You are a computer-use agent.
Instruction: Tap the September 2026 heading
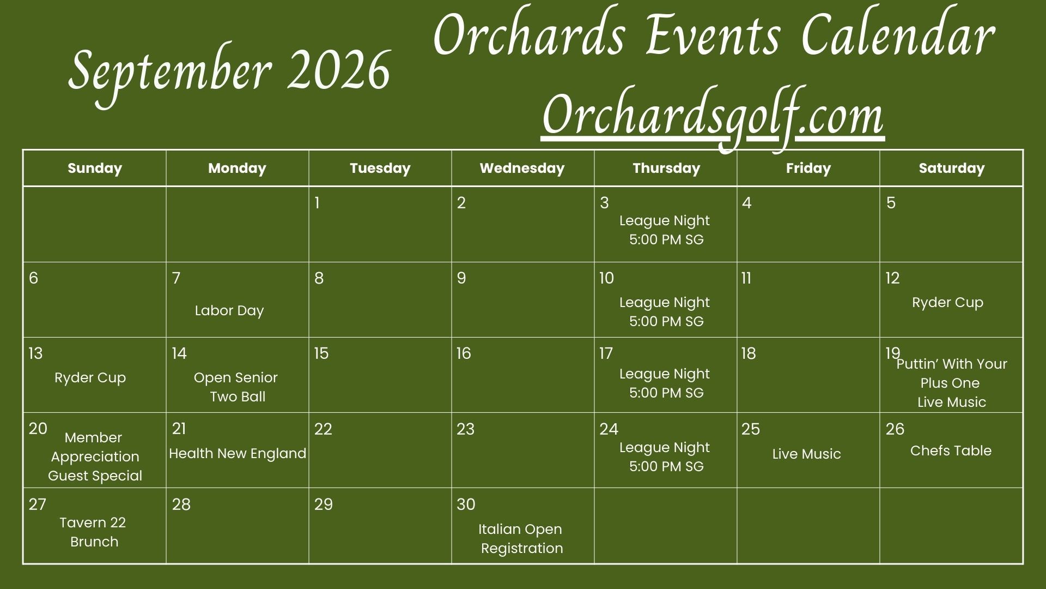(x=229, y=74)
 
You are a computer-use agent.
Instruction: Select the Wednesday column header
(x=522, y=168)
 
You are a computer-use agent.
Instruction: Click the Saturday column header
(x=951, y=169)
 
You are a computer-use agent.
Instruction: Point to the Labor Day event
(x=229, y=310)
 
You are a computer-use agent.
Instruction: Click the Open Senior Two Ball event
(x=236, y=387)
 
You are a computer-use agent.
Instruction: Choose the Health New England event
(x=238, y=453)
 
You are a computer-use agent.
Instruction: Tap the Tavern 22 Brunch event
(x=93, y=532)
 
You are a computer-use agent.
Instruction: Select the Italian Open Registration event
(x=521, y=538)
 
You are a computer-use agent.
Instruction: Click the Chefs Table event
(x=951, y=450)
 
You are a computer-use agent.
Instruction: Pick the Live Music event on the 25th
(x=806, y=454)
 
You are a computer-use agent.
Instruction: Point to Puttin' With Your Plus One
(x=951, y=373)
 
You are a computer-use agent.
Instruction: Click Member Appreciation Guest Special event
(x=95, y=456)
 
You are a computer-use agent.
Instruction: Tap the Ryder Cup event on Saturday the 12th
(x=947, y=302)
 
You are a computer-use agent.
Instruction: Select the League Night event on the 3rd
(x=665, y=230)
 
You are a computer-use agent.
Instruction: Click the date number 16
(x=464, y=353)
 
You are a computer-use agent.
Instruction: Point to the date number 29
(x=323, y=504)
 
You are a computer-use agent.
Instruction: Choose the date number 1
(x=317, y=203)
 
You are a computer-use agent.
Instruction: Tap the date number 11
(x=746, y=278)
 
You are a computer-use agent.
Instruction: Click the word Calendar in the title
(x=898, y=36)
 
